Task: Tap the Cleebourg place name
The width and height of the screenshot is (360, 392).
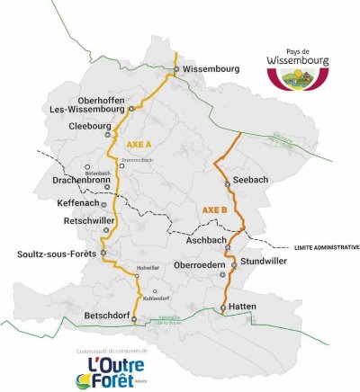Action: pos(89,127)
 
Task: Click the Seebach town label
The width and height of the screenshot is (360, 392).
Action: pos(251,182)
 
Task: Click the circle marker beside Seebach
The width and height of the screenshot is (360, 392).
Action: pos(228,183)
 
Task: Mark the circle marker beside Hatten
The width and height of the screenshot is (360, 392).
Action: pos(223,308)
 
